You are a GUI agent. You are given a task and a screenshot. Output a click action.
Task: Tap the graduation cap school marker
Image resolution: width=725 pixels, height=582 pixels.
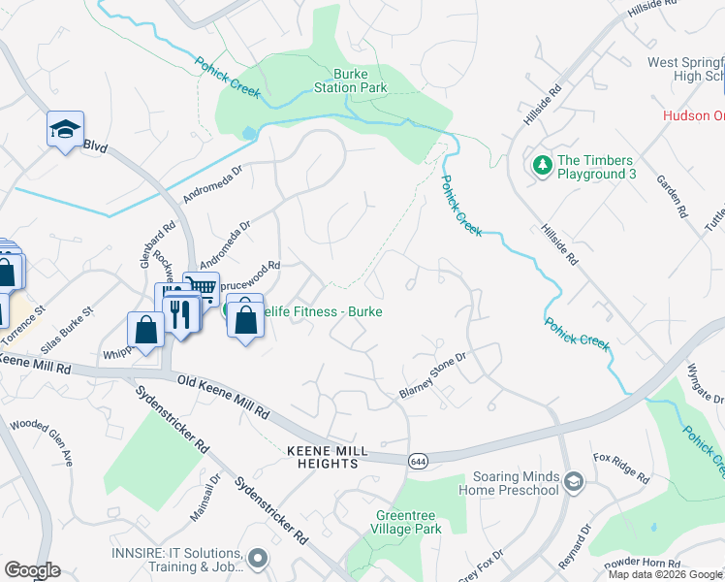click(x=65, y=130)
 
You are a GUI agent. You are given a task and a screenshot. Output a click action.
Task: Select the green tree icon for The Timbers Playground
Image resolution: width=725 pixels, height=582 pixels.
click(x=541, y=167)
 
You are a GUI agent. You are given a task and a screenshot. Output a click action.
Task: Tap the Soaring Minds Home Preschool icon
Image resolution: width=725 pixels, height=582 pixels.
click(x=574, y=482)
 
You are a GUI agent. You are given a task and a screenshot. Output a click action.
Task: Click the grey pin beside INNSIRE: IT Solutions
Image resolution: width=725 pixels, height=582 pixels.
click(x=257, y=558)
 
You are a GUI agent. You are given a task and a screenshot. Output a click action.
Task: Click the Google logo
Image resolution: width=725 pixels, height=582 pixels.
click(x=32, y=570)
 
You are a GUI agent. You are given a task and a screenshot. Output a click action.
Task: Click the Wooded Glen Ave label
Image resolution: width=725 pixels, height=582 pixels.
click(x=41, y=440)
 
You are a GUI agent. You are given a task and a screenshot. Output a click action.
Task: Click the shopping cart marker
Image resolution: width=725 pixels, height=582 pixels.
click(x=201, y=287)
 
